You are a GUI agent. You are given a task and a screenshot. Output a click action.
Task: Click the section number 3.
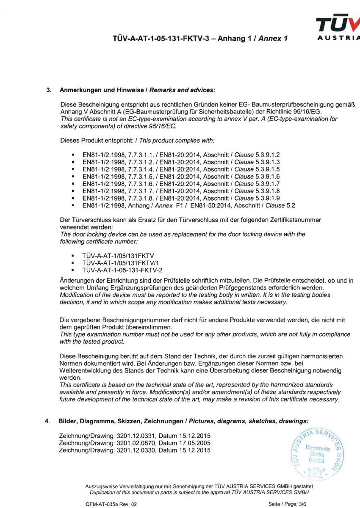(48, 90)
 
